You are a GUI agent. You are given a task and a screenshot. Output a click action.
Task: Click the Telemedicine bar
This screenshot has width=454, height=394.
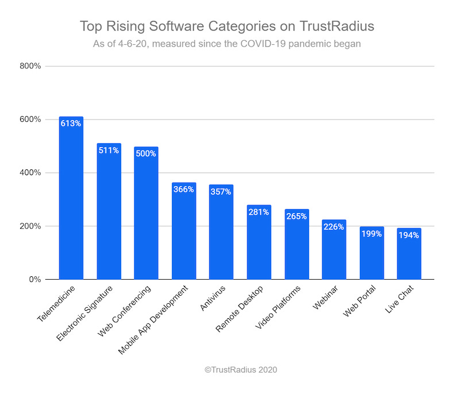(71, 198)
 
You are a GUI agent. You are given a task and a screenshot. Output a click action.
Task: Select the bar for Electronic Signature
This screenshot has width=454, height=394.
(109, 211)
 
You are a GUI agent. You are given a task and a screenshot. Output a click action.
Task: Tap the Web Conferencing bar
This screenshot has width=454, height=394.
(146, 213)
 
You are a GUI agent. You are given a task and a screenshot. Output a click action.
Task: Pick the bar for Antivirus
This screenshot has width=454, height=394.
(221, 232)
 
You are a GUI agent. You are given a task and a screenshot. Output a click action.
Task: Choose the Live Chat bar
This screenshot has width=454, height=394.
(409, 254)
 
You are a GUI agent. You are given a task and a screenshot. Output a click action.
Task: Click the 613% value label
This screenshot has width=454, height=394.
(71, 123)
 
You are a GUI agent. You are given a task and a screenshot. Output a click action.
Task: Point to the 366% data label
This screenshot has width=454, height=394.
(183, 189)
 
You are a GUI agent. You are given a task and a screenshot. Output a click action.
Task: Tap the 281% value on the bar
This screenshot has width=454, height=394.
(259, 212)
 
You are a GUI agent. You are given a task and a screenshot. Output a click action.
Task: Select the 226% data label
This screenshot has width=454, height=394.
(333, 227)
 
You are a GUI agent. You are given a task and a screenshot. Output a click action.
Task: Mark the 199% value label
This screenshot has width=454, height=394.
(371, 234)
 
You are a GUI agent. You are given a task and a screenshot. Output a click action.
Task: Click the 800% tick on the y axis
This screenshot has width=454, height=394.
(30, 66)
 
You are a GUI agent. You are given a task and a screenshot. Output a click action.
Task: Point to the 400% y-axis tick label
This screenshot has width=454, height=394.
(30, 173)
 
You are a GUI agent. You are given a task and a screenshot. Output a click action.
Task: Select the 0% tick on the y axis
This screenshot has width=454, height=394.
(35, 280)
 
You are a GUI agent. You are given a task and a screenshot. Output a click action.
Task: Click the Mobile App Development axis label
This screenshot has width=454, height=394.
(153, 320)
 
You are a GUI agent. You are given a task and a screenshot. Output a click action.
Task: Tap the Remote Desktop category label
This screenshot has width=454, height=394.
(240, 308)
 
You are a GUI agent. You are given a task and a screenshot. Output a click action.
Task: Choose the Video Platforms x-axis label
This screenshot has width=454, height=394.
(278, 307)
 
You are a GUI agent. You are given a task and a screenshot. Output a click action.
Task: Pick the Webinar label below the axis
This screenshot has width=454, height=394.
(325, 298)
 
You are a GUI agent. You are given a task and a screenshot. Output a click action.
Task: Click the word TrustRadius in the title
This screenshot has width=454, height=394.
(337, 26)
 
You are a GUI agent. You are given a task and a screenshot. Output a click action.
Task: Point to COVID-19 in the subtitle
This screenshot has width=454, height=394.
(263, 44)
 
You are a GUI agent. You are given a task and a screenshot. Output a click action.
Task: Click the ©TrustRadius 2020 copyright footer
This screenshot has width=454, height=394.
(241, 370)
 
